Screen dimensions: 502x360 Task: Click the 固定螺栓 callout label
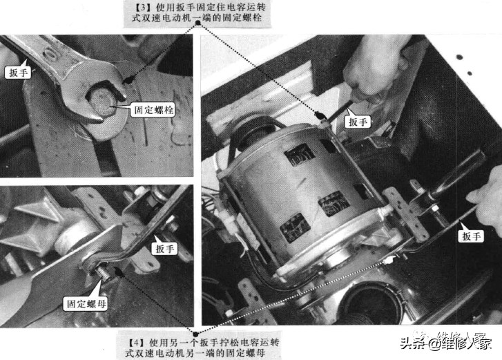click(x=154, y=110)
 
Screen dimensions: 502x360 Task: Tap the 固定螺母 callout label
click(x=86, y=303)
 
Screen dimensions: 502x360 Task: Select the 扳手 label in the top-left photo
click(x=18, y=73)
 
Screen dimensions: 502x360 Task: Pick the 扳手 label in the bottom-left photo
click(x=164, y=249)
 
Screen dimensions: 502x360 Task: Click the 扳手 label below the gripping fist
click(x=358, y=122)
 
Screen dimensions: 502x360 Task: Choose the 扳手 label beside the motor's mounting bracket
click(x=471, y=236)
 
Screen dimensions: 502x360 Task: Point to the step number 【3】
click(x=140, y=7)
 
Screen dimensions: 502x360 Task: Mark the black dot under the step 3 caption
click(x=198, y=23)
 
